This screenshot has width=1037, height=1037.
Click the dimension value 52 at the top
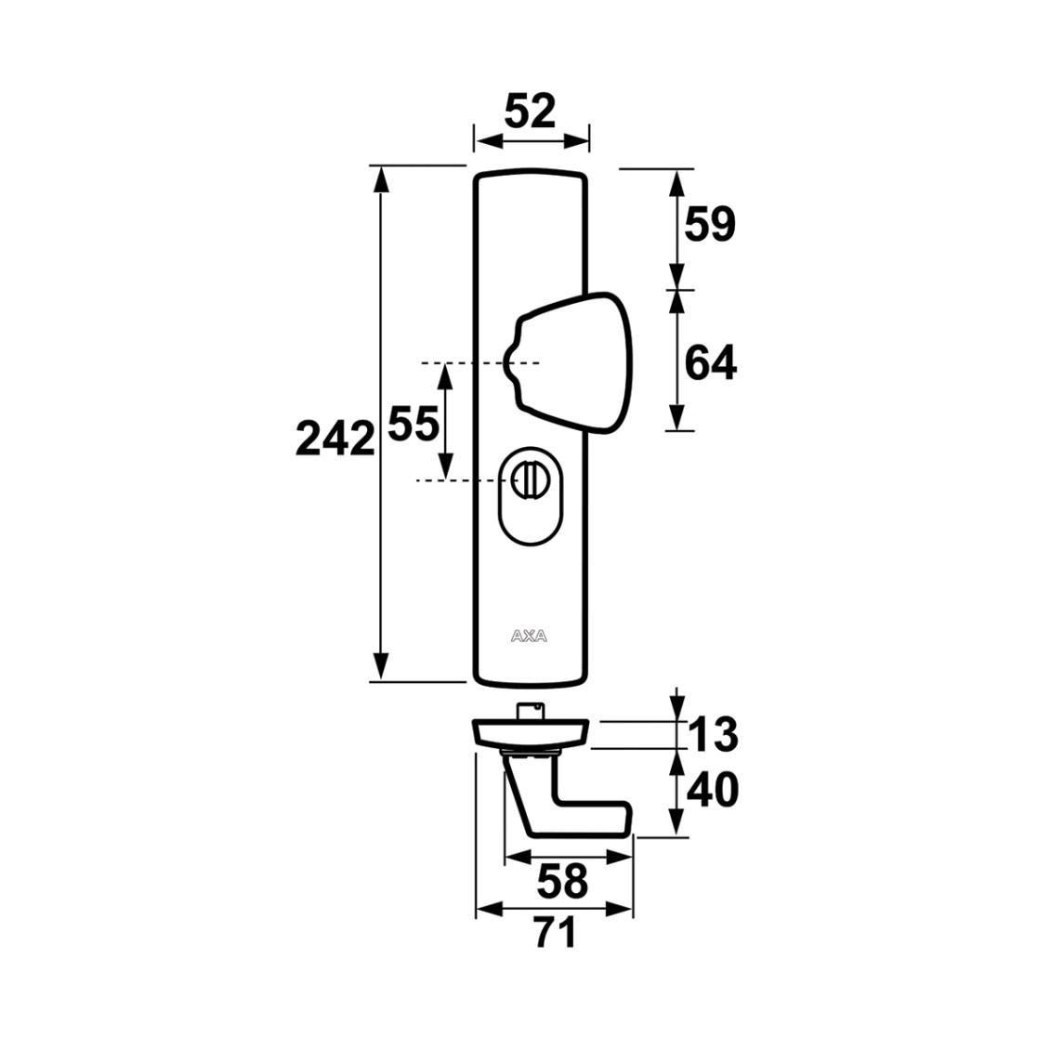click(x=530, y=112)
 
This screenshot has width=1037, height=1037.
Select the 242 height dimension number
click(x=335, y=439)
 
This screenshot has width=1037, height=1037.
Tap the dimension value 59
click(x=710, y=224)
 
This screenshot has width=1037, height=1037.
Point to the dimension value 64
click(x=710, y=363)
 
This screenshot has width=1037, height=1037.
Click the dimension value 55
click(x=413, y=424)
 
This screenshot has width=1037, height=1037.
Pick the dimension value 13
click(x=713, y=734)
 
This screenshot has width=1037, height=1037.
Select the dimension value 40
click(x=713, y=790)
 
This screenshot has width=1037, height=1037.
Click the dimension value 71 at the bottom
click(x=555, y=933)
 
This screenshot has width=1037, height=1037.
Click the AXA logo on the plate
click(x=529, y=637)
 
